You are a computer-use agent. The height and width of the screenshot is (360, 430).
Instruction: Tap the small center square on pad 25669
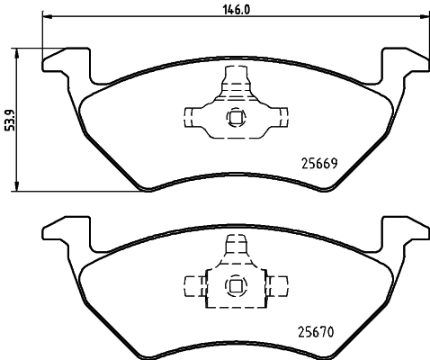click(x=236, y=115)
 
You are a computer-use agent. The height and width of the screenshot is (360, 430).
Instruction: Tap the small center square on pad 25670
click(x=236, y=286)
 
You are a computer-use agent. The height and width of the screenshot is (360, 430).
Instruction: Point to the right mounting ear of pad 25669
click(x=402, y=64)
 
